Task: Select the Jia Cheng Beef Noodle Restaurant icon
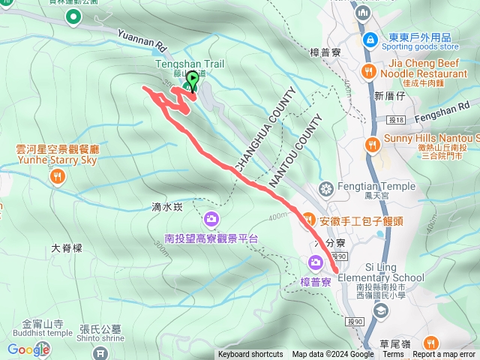coord(368,72)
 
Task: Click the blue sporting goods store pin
coord(368,38)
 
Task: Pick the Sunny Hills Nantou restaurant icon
coord(371,144)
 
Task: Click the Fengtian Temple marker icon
coord(326,187)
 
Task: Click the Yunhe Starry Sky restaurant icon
coord(58,177)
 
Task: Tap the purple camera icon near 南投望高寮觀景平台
coord(211,219)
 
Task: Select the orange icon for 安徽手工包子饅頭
coord(308,219)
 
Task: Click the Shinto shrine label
coord(100,337)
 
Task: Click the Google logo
coord(28,349)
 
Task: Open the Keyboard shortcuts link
coord(250,355)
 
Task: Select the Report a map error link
coord(444,355)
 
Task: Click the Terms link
coord(393,355)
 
